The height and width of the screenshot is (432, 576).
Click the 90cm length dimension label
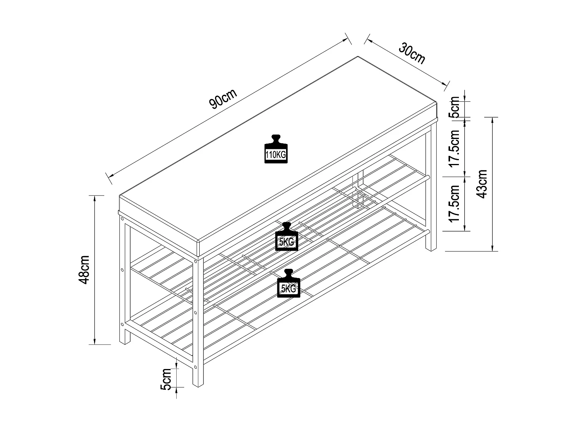tap(223, 99)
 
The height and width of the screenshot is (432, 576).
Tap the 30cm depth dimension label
tap(412, 54)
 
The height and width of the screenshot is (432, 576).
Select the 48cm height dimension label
tap(84, 269)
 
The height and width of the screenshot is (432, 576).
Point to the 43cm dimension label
tap(482, 184)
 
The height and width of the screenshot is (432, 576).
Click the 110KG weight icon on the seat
tap(276, 150)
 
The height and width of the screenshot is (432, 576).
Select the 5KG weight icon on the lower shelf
tap(288, 284)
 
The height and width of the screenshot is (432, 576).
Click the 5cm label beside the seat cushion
tap(455, 107)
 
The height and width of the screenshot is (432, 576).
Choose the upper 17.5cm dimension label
tap(455, 148)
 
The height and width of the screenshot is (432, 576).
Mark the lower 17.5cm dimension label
tap(455, 204)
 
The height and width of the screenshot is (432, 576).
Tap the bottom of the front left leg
tap(125, 343)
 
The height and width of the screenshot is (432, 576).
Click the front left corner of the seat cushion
tap(120, 197)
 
